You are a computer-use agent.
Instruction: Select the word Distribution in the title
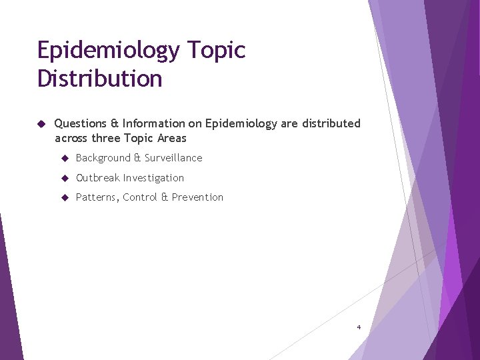99,79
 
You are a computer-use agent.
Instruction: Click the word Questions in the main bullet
80,123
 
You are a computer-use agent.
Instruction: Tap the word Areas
172,139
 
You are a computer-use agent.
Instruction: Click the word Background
103,158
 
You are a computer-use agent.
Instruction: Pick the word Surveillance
173,158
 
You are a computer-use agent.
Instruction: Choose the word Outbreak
97,178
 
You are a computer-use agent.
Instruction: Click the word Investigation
153,178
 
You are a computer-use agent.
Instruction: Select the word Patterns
97,197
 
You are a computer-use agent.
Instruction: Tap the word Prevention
198,197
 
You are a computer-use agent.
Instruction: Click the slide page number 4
359,327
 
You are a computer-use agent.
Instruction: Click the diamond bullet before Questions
41,124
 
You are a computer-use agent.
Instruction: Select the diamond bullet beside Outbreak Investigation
65,178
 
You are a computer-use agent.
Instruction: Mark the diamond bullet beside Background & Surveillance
65,158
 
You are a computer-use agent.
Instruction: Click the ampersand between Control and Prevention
165,197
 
